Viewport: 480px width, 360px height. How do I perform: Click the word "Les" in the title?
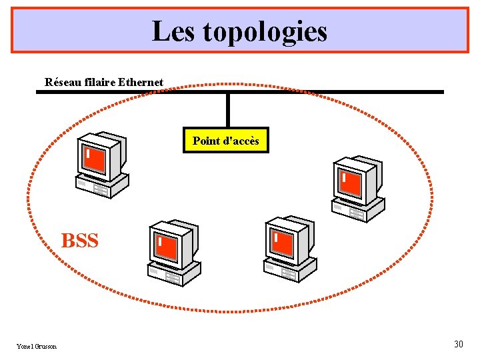[173, 31]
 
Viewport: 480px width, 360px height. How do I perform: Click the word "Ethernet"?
[141, 83]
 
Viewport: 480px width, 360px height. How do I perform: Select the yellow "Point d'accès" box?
[226, 141]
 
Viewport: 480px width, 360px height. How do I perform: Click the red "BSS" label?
[80, 241]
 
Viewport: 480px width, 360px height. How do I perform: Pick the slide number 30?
[458, 344]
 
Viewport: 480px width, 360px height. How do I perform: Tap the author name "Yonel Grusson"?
[37, 346]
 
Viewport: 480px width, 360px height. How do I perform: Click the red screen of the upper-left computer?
[95, 159]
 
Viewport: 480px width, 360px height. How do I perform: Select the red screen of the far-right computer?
[351, 183]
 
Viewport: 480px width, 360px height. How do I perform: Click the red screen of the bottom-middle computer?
[283, 243]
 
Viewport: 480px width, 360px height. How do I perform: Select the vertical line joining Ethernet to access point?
[228, 109]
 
